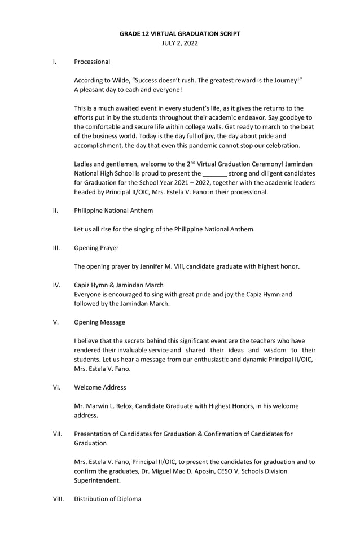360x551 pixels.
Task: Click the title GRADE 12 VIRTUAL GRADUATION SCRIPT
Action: (179, 34)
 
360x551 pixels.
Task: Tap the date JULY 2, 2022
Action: (179, 43)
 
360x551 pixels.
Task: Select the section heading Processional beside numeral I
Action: (92, 62)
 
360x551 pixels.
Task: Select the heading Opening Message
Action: (100, 322)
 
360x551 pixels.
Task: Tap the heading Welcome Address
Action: (100, 387)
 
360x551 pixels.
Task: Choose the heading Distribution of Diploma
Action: (107, 499)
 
